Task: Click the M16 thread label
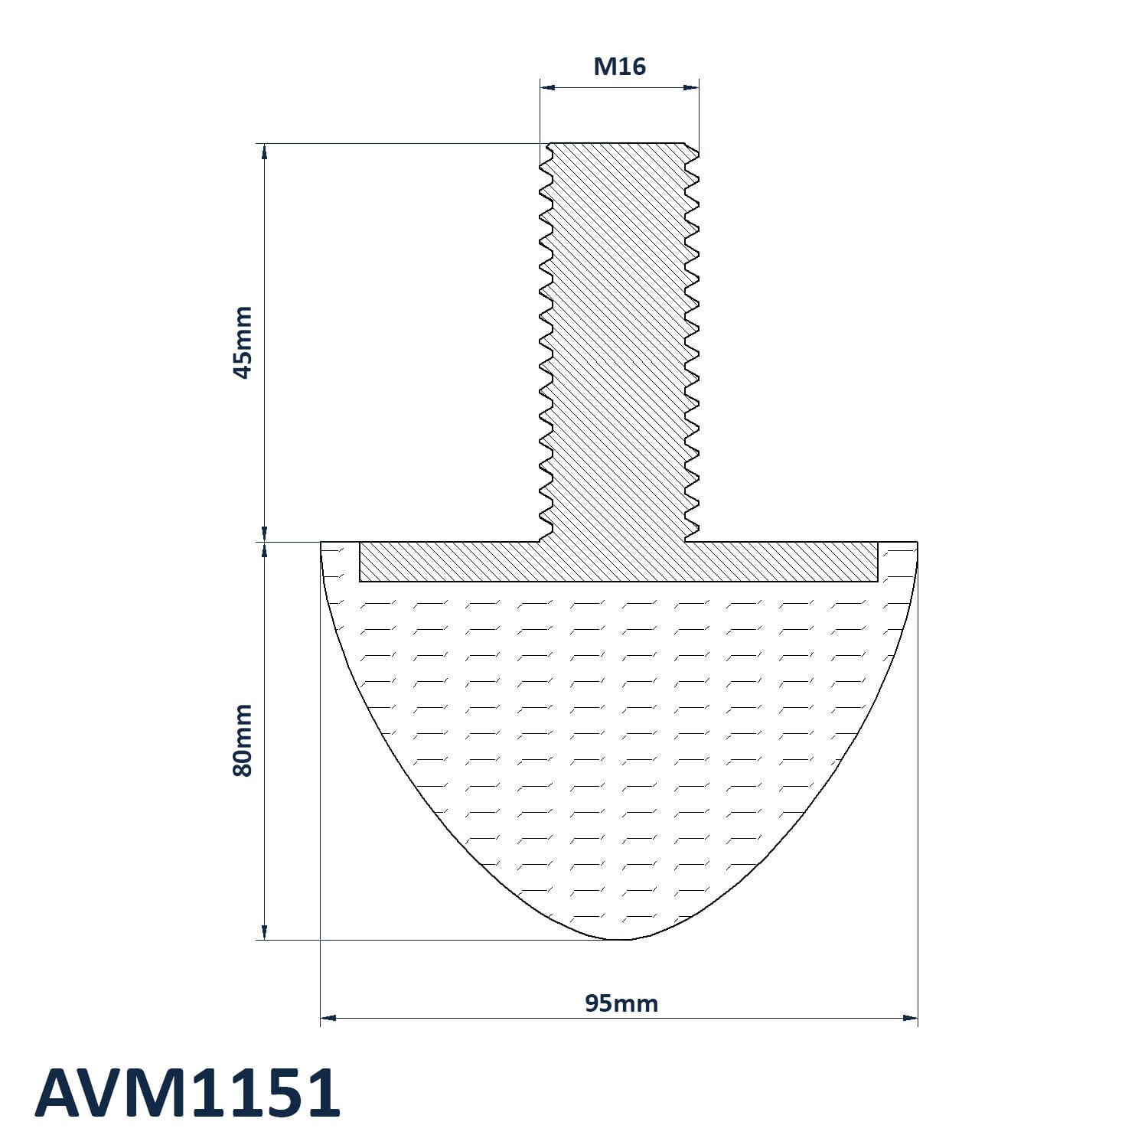pos(619,67)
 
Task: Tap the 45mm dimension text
pos(242,342)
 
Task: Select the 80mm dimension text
pos(242,741)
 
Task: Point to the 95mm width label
pos(621,1003)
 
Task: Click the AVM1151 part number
pos(188,1093)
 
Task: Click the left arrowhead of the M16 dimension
pos(547,87)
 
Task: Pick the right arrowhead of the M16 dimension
pos(691,87)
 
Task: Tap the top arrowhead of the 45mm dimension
pos(265,151)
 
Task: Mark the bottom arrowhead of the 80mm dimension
pos(265,932)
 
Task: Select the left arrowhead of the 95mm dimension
pos(328,1018)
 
